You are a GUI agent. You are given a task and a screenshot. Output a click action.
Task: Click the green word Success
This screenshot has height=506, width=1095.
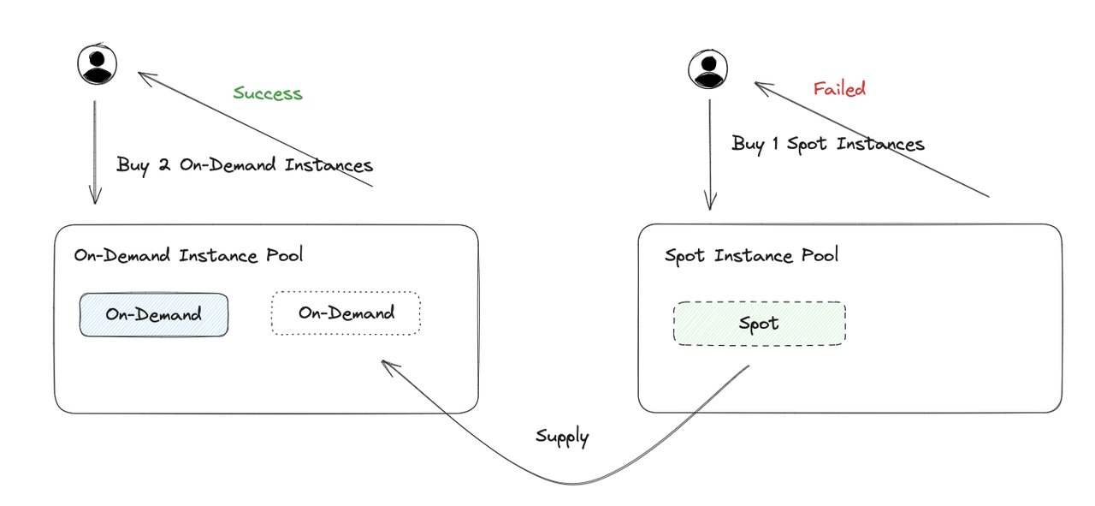[x=268, y=92]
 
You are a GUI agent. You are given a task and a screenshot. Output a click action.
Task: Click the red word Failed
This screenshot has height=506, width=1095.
[x=839, y=88]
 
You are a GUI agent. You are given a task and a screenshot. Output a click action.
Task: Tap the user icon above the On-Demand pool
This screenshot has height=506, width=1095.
[x=97, y=64]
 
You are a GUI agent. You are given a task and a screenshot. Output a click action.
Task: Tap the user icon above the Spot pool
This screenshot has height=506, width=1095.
[x=707, y=68]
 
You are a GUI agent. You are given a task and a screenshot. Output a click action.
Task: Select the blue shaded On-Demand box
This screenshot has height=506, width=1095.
[x=154, y=314]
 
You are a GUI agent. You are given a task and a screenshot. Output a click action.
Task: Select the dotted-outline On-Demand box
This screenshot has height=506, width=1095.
[x=346, y=313]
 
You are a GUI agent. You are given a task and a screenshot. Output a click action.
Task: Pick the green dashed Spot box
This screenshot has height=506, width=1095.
[x=759, y=323]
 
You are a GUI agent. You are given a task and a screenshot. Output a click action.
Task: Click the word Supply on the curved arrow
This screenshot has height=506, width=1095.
[x=562, y=437]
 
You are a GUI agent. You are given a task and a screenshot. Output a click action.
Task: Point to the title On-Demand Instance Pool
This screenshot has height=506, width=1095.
[x=188, y=255]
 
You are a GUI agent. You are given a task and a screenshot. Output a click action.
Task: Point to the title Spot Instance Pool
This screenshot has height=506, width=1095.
[x=751, y=255]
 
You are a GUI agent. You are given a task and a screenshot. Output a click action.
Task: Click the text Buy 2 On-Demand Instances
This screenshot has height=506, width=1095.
[x=245, y=164]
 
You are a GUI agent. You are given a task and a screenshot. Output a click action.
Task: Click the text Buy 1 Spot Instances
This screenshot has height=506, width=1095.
[x=828, y=144]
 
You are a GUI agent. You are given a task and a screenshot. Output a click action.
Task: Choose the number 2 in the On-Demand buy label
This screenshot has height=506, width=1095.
[x=165, y=164]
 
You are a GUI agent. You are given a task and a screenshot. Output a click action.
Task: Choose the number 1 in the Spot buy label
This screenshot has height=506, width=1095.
[x=774, y=144]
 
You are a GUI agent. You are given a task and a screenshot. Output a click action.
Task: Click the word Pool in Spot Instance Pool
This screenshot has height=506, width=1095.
[x=820, y=255]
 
